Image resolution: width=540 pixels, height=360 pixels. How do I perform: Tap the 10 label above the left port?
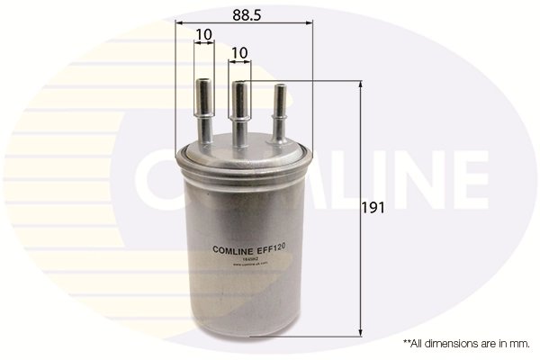pos(203,34)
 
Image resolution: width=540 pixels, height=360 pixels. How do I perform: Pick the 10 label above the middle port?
pos(238,54)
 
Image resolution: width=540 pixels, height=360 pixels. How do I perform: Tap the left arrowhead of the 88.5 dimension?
pos(178,22)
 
